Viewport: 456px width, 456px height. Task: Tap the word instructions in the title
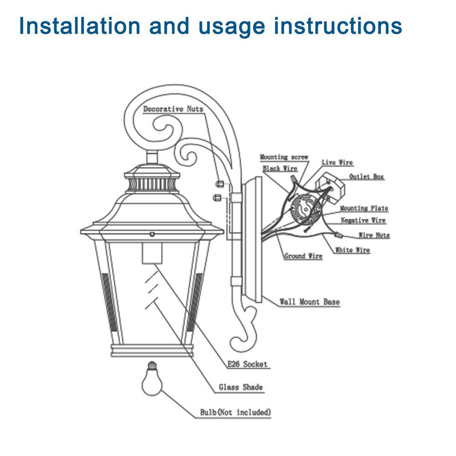click(337, 26)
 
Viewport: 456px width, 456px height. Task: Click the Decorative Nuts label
click(173, 109)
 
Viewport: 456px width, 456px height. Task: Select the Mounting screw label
click(284, 157)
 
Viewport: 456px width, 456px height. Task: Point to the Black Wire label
click(280, 169)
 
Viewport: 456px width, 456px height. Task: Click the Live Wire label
click(337, 163)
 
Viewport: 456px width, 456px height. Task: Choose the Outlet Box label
click(366, 177)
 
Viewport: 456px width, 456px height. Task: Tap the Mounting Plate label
click(364, 208)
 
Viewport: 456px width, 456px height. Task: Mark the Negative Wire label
click(363, 221)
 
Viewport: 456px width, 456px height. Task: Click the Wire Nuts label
click(374, 236)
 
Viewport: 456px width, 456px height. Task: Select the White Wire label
click(352, 250)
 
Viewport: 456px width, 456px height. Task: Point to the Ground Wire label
click(303, 256)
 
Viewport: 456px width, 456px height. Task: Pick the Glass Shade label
click(240, 388)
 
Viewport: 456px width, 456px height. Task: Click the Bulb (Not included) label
click(236, 413)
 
